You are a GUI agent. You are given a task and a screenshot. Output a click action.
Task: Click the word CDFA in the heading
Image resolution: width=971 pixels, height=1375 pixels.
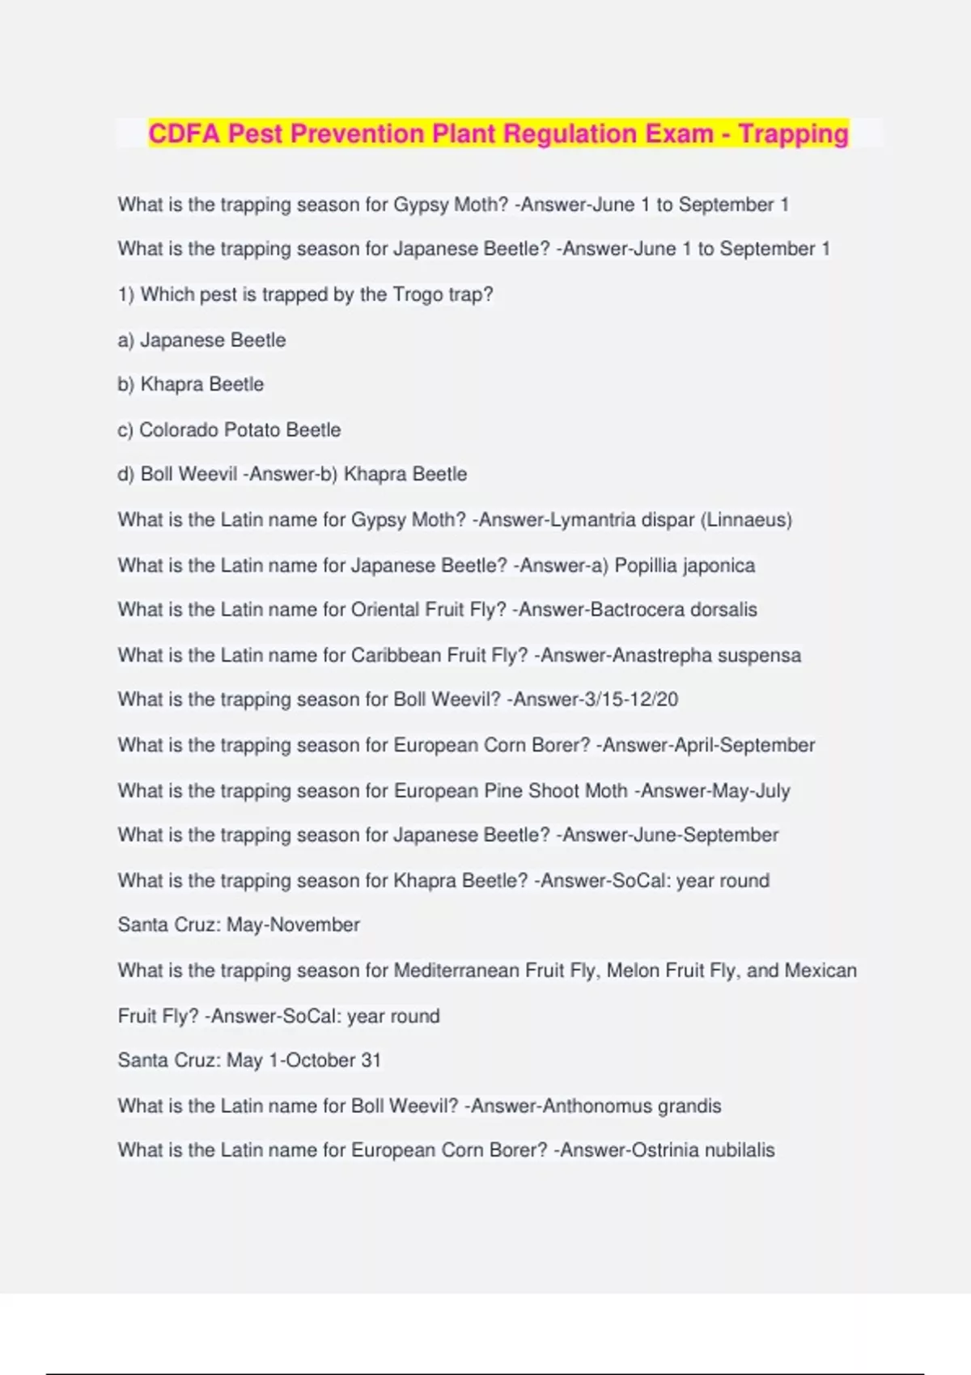click(184, 133)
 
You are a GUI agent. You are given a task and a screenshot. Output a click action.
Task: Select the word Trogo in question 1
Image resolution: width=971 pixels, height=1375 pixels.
click(418, 294)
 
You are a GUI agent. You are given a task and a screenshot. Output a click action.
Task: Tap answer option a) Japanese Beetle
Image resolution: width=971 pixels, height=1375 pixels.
click(202, 340)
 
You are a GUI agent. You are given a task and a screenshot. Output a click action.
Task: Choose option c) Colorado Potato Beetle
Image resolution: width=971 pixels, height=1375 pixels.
click(230, 429)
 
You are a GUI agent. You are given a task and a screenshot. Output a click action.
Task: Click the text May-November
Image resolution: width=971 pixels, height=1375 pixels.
click(293, 924)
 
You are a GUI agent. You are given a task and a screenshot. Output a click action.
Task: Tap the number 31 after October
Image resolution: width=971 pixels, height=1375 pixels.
click(371, 1060)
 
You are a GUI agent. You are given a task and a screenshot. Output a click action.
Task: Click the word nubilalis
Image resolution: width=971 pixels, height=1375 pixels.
click(740, 1150)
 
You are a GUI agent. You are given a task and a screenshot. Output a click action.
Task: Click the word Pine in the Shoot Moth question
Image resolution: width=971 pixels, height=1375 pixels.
click(502, 790)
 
